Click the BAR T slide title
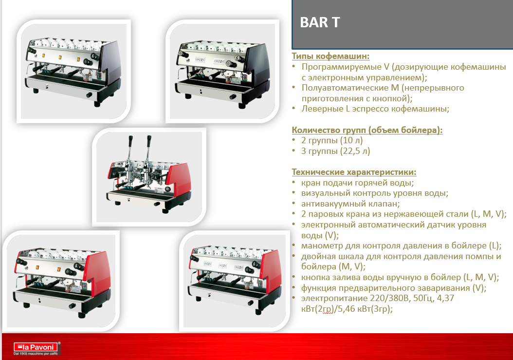[x=320, y=22]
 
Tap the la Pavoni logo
[x=37, y=348]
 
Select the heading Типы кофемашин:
[x=330, y=56]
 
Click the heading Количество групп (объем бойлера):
[x=367, y=130]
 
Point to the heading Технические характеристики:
[x=354, y=172]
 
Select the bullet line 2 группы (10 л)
[x=332, y=140]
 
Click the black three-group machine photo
[x=73, y=71]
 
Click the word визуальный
[x=324, y=193]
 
